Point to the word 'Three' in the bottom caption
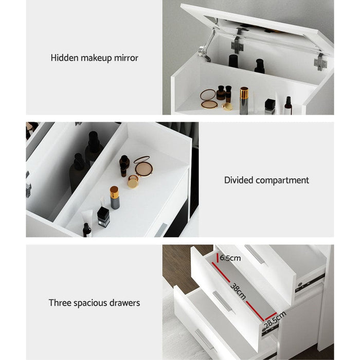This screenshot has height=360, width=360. pos(60,303)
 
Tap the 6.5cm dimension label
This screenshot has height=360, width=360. pos(229,258)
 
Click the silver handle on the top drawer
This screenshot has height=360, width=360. pos(255,254)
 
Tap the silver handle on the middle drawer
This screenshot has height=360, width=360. pos(223,301)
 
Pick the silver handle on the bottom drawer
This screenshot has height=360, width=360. pos(204,340)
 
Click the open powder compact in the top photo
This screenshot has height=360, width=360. pos(209,98)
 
